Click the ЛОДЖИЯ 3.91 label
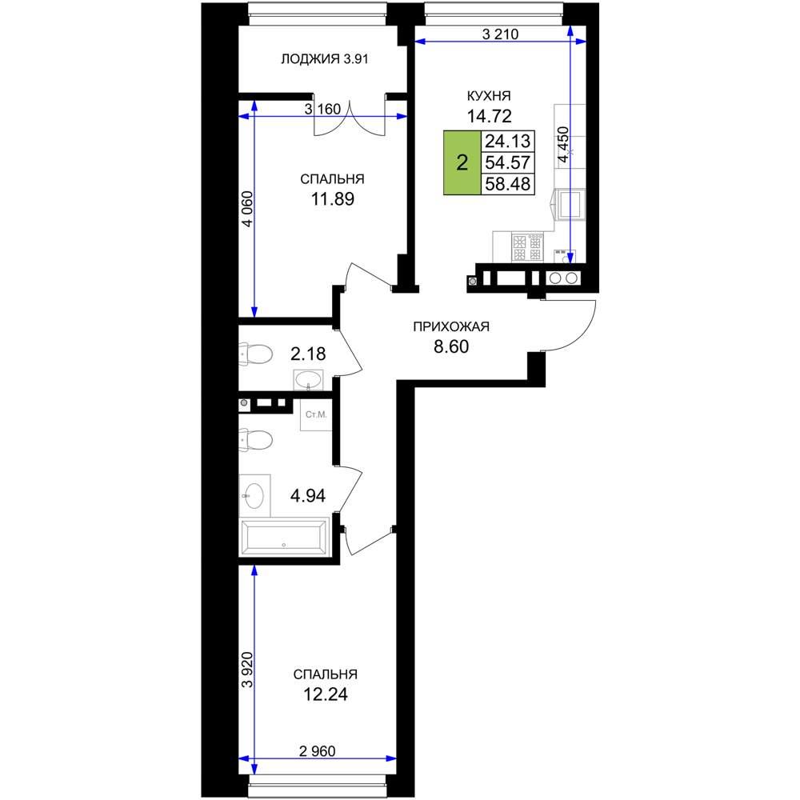(325, 59)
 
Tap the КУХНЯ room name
(489, 96)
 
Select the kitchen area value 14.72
(490, 116)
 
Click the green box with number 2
(462, 162)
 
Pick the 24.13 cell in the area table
(508, 141)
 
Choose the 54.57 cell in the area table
(508, 162)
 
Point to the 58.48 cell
(508, 184)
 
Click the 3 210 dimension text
(500, 34)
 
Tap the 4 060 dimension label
(247, 209)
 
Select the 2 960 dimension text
(317, 751)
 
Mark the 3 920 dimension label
(247, 670)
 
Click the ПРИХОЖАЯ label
(451, 326)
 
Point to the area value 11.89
(333, 199)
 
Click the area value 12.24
(326, 694)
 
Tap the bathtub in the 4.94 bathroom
(284, 537)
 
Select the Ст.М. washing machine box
(316, 414)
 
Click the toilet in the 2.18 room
(256, 354)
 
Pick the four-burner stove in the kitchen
(527, 248)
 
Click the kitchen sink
(570, 203)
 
